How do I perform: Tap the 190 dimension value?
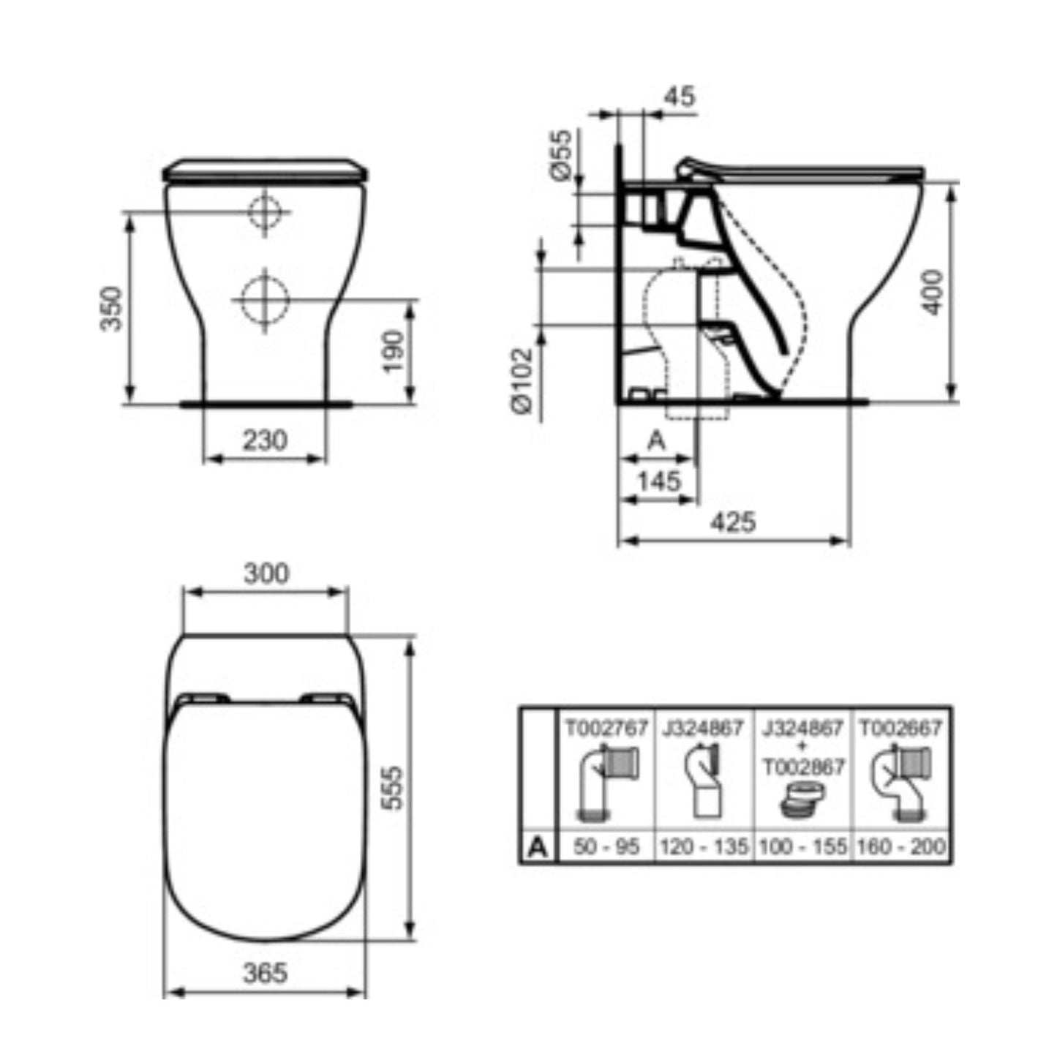tap(393, 351)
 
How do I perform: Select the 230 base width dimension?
tap(265, 440)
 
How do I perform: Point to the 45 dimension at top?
tap(680, 97)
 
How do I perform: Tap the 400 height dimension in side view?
tap(933, 293)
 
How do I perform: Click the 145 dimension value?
tap(659, 481)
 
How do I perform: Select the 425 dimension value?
tap(733, 522)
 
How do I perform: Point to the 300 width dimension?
tap(266, 573)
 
